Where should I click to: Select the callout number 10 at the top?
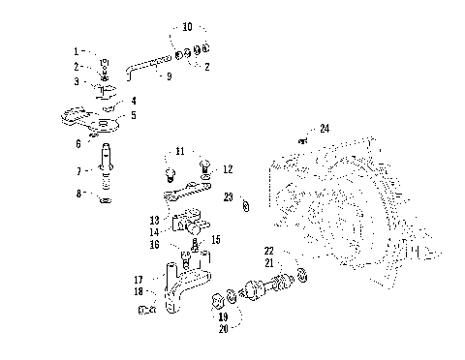pos(187,28)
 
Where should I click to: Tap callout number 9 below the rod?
pos(168,75)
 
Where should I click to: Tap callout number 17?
pos(139,279)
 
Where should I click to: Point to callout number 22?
pos(268,251)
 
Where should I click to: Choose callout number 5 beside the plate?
pos(134,114)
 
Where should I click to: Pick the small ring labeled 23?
pos(246,204)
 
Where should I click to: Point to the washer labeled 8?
pos(106,200)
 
